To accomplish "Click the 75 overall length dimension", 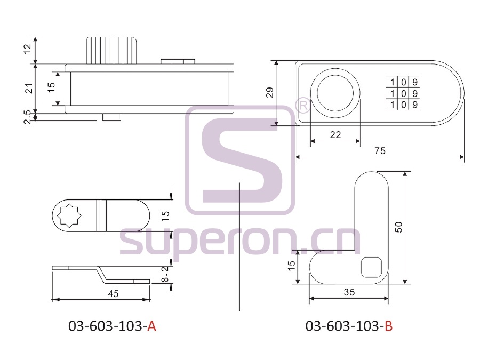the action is (380, 151).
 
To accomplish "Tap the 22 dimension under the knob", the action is (335, 135).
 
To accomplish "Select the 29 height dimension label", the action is (270, 92).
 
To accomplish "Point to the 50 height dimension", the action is (398, 227).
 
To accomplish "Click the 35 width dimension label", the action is (349, 292).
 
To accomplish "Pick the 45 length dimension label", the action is (113, 294).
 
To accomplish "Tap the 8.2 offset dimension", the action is (165, 274).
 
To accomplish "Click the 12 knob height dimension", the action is (28, 49).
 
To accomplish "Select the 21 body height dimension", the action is (29, 88).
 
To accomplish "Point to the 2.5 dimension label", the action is (28, 117).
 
